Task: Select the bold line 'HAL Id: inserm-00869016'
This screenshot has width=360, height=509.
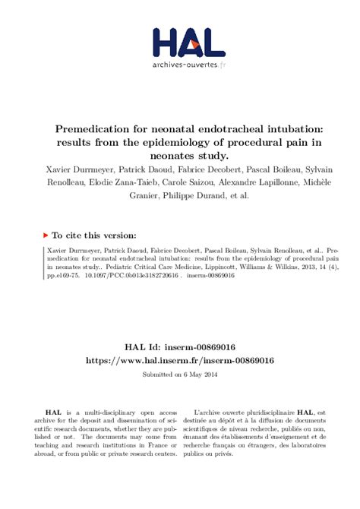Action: [180, 347]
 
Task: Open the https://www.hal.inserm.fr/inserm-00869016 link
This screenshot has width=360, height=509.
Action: [180, 360]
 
